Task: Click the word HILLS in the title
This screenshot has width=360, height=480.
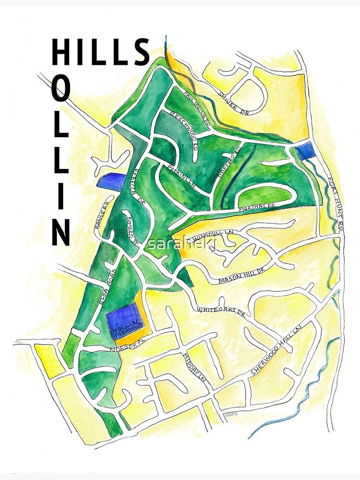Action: click(100, 53)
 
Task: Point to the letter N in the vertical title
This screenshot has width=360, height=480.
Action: click(61, 232)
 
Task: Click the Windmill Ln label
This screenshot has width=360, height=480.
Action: click(212, 235)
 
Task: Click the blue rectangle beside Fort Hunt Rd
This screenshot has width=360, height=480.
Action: click(304, 150)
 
